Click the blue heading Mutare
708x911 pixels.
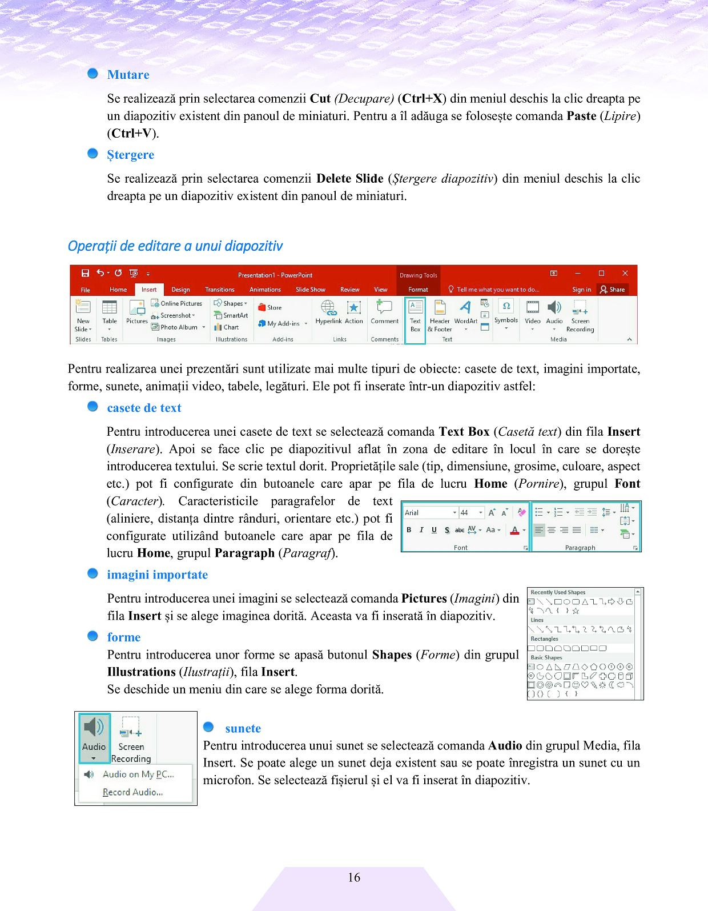(128, 75)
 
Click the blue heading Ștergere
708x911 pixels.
(130, 155)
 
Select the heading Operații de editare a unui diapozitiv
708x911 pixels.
(175, 246)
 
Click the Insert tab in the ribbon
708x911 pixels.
(149, 290)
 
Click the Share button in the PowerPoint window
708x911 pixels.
(612, 290)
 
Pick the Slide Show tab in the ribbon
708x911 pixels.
(310, 290)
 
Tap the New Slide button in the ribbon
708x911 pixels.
(83, 316)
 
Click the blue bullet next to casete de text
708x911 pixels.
(92, 406)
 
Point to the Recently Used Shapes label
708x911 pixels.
(558, 592)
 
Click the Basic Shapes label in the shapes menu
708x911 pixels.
(546, 657)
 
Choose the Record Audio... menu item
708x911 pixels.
(132, 792)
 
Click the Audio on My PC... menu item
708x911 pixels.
(138, 774)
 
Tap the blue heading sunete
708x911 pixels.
(243, 729)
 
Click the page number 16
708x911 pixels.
(354, 877)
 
